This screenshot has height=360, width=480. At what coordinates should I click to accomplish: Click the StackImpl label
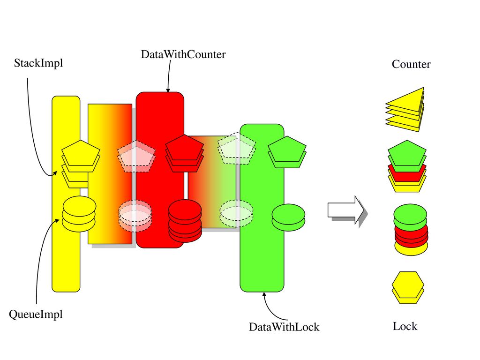click(x=38, y=63)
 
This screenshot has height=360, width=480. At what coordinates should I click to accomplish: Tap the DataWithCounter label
click(x=183, y=54)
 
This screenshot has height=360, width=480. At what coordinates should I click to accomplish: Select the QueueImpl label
click(x=36, y=315)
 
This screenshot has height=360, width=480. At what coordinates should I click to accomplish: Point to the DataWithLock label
click(x=284, y=327)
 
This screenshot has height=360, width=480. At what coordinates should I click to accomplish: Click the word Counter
click(x=411, y=64)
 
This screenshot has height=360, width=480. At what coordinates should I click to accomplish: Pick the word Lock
click(x=405, y=326)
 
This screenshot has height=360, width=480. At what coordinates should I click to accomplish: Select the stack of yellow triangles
click(x=405, y=109)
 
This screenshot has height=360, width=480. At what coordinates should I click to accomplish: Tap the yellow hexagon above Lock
click(x=408, y=287)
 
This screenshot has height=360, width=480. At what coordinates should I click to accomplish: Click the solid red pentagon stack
click(x=185, y=153)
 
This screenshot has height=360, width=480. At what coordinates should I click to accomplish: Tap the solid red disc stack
click(x=185, y=220)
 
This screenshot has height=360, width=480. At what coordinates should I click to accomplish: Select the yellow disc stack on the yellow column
click(x=79, y=214)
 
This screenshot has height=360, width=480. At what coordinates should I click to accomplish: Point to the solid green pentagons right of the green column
click(x=287, y=152)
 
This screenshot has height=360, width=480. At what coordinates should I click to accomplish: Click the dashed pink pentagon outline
click(x=136, y=156)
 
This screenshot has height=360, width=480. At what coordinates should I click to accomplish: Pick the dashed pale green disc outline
click(x=236, y=214)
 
